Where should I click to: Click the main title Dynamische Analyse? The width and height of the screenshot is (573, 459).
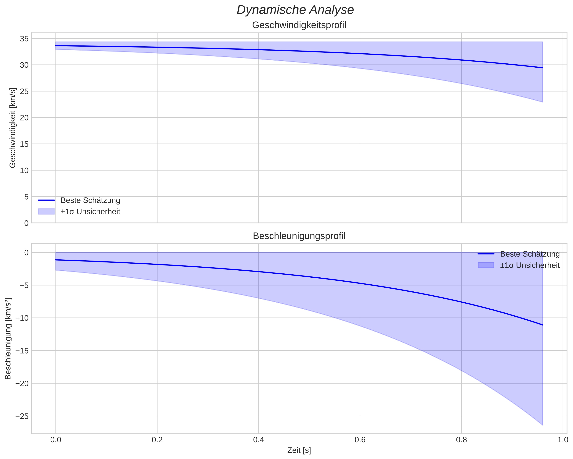tap(295, 10)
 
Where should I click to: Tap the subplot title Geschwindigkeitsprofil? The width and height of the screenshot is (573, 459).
tap(299, 25)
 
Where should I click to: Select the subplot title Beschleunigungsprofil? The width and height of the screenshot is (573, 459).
tap(299, 236)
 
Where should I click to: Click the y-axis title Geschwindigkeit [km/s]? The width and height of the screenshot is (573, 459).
tap(13, 128)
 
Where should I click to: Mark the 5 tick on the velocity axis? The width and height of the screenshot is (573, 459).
tap(26, 197)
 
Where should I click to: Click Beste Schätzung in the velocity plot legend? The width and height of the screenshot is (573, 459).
tap(90, 200)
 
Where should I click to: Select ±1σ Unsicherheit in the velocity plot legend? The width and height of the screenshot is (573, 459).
tap(90, 212)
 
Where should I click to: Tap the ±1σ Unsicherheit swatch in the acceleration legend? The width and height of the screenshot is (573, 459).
tap(486, 265)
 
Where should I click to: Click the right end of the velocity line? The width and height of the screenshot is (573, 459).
tap(542, 68)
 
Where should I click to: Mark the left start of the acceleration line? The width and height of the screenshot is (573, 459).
tap(56, 260)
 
